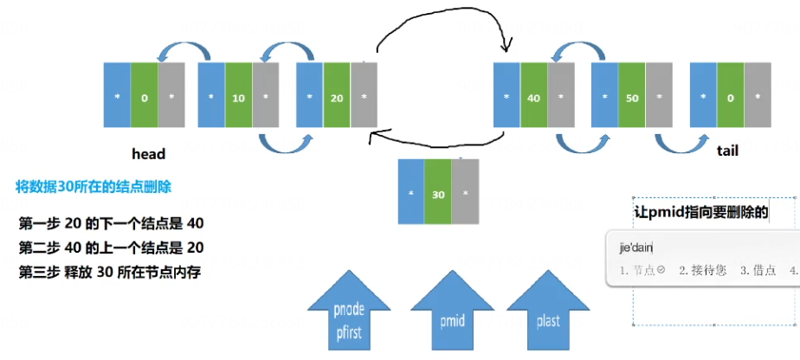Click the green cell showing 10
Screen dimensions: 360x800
click(x=238, y=98)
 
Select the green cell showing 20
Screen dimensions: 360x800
click(x=336, y=98)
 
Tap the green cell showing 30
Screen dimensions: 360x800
click(x=438, y=194)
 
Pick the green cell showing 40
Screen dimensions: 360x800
click(x=533, y=98)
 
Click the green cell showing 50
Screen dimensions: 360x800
click(x=631, y=98)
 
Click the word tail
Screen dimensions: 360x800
click(x=728, y=151)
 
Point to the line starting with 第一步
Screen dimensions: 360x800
click(x=111, y=224)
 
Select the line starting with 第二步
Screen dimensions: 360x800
click(x=111, y=248)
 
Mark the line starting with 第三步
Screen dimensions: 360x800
click(x=111, y=273)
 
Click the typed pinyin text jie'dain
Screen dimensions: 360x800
click(x=635, y=247)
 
